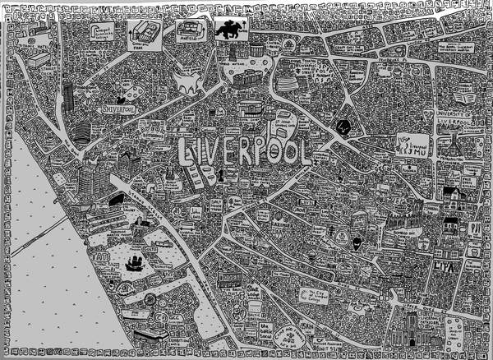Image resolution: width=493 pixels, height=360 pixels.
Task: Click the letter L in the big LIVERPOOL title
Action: [187, 153]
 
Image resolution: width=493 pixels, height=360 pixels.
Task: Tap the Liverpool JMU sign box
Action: [411, 143]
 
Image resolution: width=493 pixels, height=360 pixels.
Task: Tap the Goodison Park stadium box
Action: [142, 33]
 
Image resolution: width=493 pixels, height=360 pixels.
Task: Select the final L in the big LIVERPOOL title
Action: [304, 152]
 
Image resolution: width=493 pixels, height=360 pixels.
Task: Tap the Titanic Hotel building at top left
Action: [39, 59]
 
